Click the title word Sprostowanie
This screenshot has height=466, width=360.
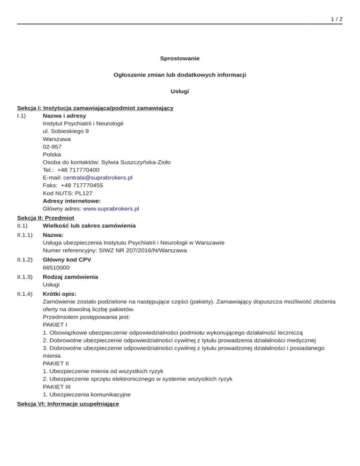(x=180, y=58)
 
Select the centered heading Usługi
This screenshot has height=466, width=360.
(x=180, y=91)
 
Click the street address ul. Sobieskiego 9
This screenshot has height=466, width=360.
(x=66, y=131)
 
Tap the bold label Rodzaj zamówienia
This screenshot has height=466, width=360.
(x=70, y=277)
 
